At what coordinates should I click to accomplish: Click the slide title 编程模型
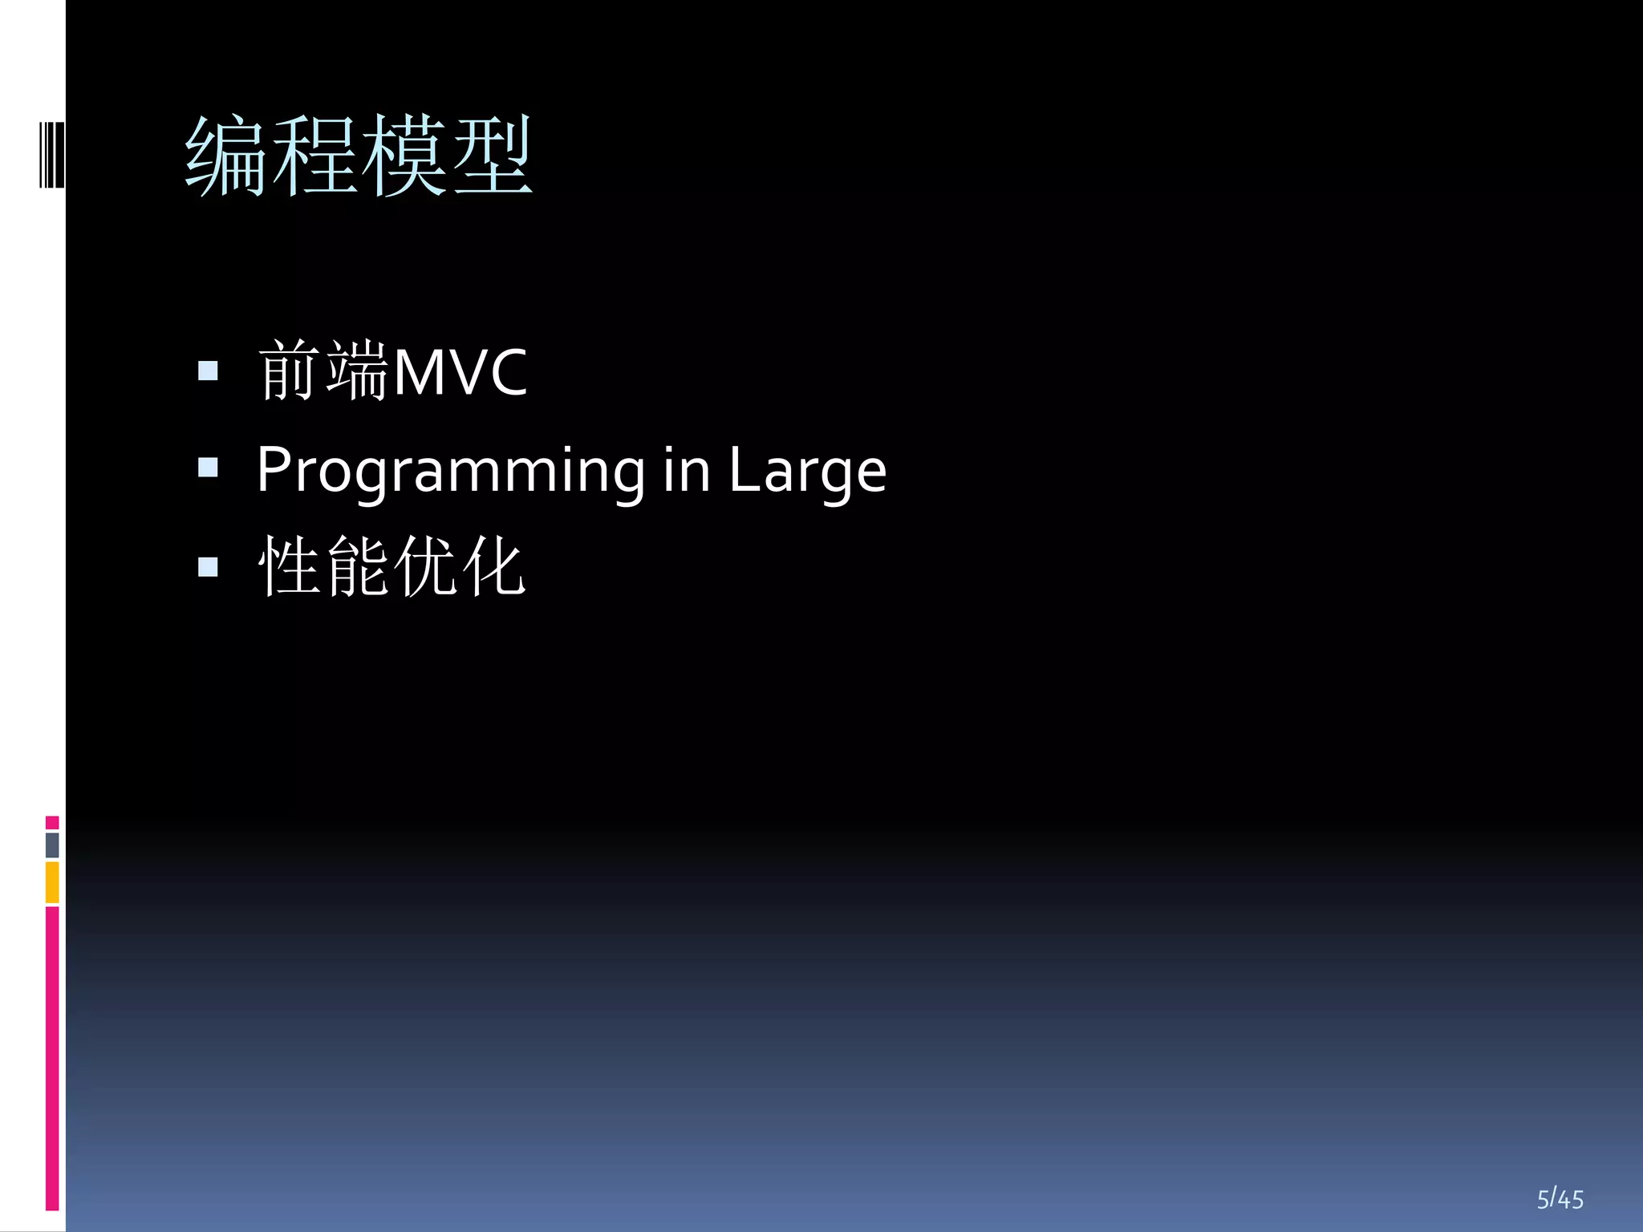359,156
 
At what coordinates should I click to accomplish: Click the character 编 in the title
228,156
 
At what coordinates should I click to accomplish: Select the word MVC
460,372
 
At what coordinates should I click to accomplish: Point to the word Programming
450,472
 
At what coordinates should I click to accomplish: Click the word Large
807,472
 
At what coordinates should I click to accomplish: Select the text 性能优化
391,566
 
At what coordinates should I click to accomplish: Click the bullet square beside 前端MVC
208,371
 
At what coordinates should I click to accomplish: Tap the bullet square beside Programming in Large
208,468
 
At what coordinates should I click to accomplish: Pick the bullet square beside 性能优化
208,567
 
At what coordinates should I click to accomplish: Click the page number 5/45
1560,1199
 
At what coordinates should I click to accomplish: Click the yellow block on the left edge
52,881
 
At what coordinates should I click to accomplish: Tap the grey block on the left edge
52,845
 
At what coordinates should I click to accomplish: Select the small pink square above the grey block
52,822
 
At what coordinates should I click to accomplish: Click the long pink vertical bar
52,1057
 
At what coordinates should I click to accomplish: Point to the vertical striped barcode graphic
52,155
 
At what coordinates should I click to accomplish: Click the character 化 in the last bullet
496,566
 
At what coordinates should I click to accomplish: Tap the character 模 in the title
403,156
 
